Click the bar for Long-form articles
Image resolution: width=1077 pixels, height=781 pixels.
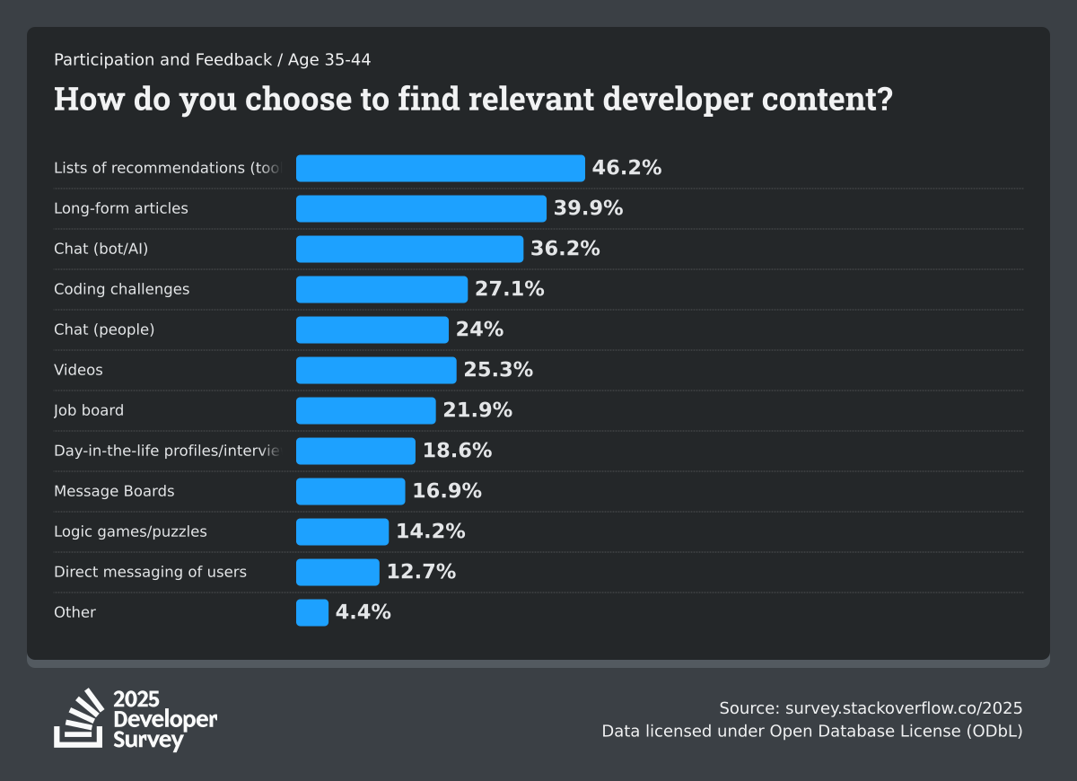pos(421,208)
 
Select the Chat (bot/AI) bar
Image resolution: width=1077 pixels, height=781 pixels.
pos(409,249)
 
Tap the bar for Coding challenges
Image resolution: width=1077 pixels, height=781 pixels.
pos(381,289)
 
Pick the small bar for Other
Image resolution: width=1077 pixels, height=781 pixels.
pos(312,612)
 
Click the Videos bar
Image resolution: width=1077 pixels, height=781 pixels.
pos(376,370)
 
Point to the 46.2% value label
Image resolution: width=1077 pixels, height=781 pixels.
pos(626,168)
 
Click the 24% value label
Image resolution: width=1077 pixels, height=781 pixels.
pos(479,329)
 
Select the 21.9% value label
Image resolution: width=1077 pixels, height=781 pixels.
pos(477,410)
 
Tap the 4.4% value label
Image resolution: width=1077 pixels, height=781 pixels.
pos(363,612)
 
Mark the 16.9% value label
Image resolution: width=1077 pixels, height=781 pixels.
pos(447,491)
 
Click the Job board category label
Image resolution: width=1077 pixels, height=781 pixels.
pos(89,410)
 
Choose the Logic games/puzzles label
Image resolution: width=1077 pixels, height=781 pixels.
pos(130,531)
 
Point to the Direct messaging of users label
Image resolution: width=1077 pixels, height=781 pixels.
pos(150,572)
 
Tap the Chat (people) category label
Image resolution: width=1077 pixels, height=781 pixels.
pos(104,329)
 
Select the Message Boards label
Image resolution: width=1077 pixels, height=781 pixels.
pos(114,491)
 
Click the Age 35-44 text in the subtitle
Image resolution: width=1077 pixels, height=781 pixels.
pos(329,60)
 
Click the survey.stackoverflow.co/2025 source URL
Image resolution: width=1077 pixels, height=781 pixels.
pos(904,707)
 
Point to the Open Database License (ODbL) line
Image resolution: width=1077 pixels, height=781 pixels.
pos(896,731)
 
